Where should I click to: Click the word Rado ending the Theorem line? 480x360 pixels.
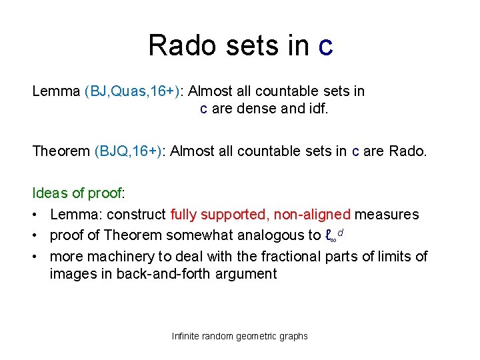pos(407,151)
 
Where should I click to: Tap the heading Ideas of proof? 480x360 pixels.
pos(78,193)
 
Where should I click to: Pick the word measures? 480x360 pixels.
pos(387,214)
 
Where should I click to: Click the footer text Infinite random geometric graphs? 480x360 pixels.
pos(239,336)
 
